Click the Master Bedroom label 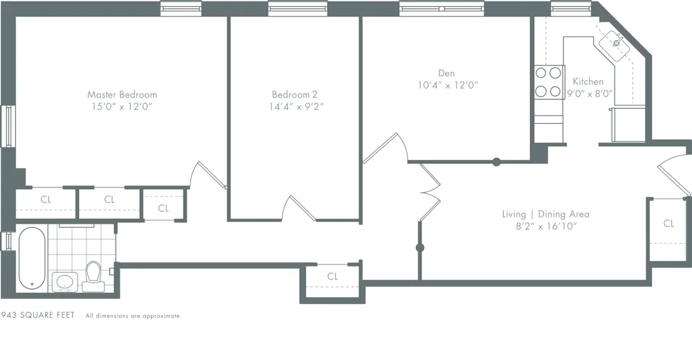[x=122, y=94]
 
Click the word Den [x=446, y=73]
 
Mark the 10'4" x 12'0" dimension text [x=448, y=84]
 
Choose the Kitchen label [x=588, y=81]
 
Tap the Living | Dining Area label [x=545, y=214]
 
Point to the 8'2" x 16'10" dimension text [x=545, y=226]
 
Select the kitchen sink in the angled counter [x=614, y=44]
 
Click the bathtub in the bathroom [x=32, y=260]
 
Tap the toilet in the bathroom [x=93, y=276]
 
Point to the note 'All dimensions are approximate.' [x=134, y=316]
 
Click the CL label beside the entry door [x=668, y=223]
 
